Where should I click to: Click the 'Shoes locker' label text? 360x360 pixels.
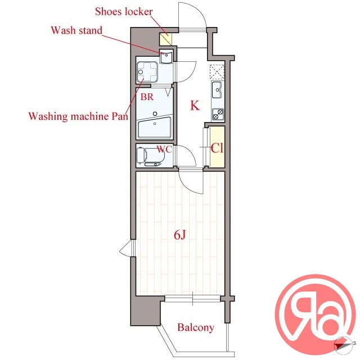(x=124, y=12)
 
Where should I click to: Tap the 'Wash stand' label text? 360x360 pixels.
(x=76, y=30)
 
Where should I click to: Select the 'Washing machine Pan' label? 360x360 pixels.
(x=78, y=116)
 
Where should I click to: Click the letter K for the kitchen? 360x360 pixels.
(x=195, y=106)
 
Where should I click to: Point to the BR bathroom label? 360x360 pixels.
(x=147, y=97)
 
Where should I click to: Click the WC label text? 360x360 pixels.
(x=164, y=150)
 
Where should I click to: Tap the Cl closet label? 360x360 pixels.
(x=217, y=148)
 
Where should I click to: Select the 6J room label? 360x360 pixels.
(x=179, y=235)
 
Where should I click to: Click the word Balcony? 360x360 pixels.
(x=196, y=327)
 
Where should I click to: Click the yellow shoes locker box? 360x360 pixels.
(x=166, y=39)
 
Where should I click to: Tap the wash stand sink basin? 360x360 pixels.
(x=166, y=57)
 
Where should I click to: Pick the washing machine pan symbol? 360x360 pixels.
(x=147, y=72)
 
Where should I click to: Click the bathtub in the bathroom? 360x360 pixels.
(x=155, y=128)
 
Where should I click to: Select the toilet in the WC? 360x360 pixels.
(x=150, y=157)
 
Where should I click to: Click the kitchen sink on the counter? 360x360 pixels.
(x=217, y=89)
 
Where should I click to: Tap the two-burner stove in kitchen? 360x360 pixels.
(x=218, y=114)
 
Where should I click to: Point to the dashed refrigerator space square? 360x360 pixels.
(x=217, y=72)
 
